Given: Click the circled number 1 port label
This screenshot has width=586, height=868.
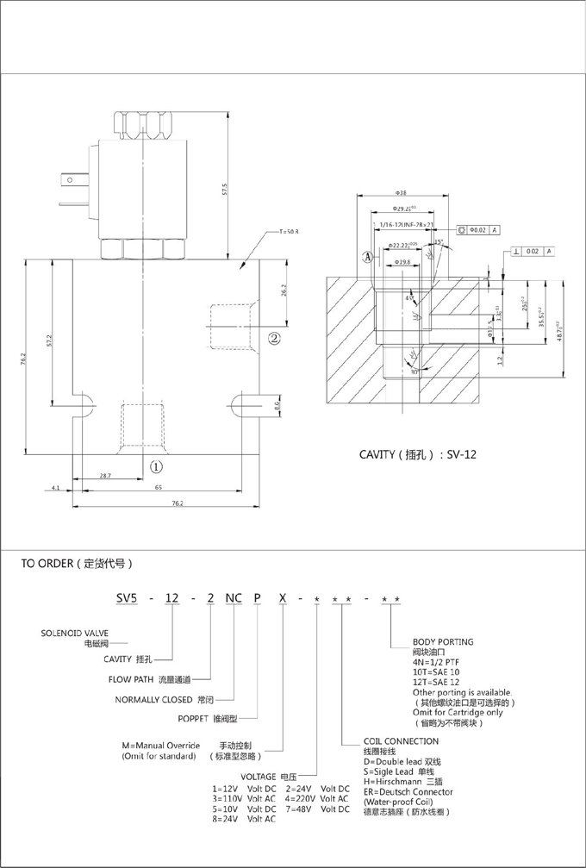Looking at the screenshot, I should (156, 467).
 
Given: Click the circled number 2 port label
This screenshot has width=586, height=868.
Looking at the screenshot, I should (275, 337).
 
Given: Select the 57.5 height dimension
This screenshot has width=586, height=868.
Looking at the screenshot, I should (224, 190).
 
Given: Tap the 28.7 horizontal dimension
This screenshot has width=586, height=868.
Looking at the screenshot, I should (104, 475).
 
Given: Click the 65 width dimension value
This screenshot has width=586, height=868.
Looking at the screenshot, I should (159, 488).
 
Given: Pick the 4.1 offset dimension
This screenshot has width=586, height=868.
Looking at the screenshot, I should (55, 488).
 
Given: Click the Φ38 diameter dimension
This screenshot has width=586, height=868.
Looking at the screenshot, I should (401, 193).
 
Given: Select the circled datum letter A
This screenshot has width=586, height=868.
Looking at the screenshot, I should (368, 257).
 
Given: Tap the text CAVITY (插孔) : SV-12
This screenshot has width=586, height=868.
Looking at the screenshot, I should (417, 453).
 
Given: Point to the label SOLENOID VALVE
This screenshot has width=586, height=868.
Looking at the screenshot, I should (75, 633).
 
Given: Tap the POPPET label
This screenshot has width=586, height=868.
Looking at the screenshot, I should (198, 718).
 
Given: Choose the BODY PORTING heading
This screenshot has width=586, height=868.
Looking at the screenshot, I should (443, 641).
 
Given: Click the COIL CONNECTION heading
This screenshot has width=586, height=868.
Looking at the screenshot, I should (401, 741).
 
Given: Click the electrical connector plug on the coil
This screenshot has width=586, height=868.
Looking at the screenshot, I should (71, 183).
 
